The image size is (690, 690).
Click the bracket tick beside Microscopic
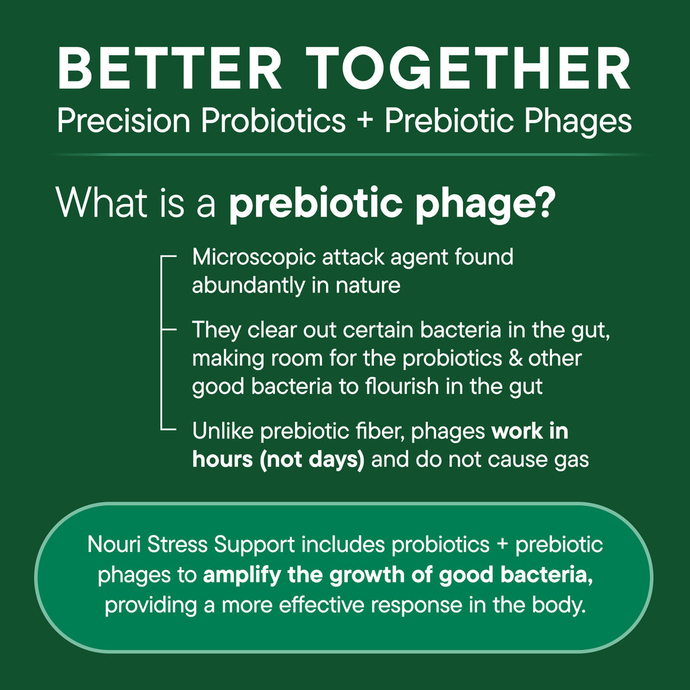pos(168,257)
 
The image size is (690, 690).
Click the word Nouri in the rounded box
pos(112,544)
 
